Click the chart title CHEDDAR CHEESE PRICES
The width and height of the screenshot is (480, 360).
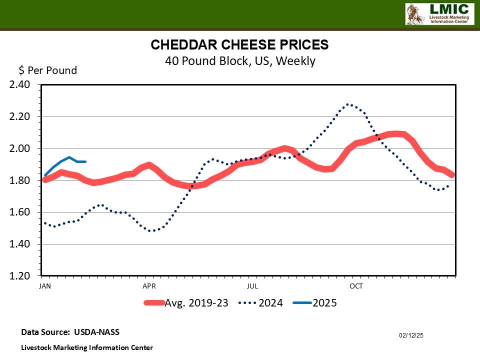pyautogui.click(x=240, y=45)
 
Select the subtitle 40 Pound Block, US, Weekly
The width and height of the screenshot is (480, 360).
pyautogui.click(x=240, y=61)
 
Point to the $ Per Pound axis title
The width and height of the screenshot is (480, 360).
pyautogui.click(x=48, y=70)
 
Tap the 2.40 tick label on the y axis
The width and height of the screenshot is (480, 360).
pyautogui.click(x=20, y=84)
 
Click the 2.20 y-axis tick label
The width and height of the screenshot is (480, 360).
pyautogui.click(x=20, y=116)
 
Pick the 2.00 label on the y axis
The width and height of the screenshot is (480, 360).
pyautogui.click(x=20, y=148)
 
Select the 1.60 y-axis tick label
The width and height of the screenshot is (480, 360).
pyautogui.click(x=20, y=212)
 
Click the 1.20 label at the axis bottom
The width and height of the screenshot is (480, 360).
pyautogui.click(x=20, y=276)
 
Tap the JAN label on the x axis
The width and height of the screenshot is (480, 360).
pyautogui.click(x=45, y=286)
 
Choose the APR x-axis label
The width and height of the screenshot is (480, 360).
pyautogui.click(x=149, y=286)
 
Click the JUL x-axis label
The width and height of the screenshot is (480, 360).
pyautogui.click(x=252, y=286)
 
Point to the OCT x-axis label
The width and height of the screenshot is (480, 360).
pyautogui.click(x=356, y=286)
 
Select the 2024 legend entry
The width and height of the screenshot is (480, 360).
pyautogui.click(x=270, y=303)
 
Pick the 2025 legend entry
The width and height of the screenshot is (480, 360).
pyautogui.click(x=324, y=303)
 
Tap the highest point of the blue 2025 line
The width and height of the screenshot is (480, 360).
pyautogui.click(x=69, y=157)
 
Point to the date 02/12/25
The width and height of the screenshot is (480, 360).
pyautogui.click(x=411, y=335)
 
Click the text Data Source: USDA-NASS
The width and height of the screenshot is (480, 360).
pyautogui.click(x=70, y=332)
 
